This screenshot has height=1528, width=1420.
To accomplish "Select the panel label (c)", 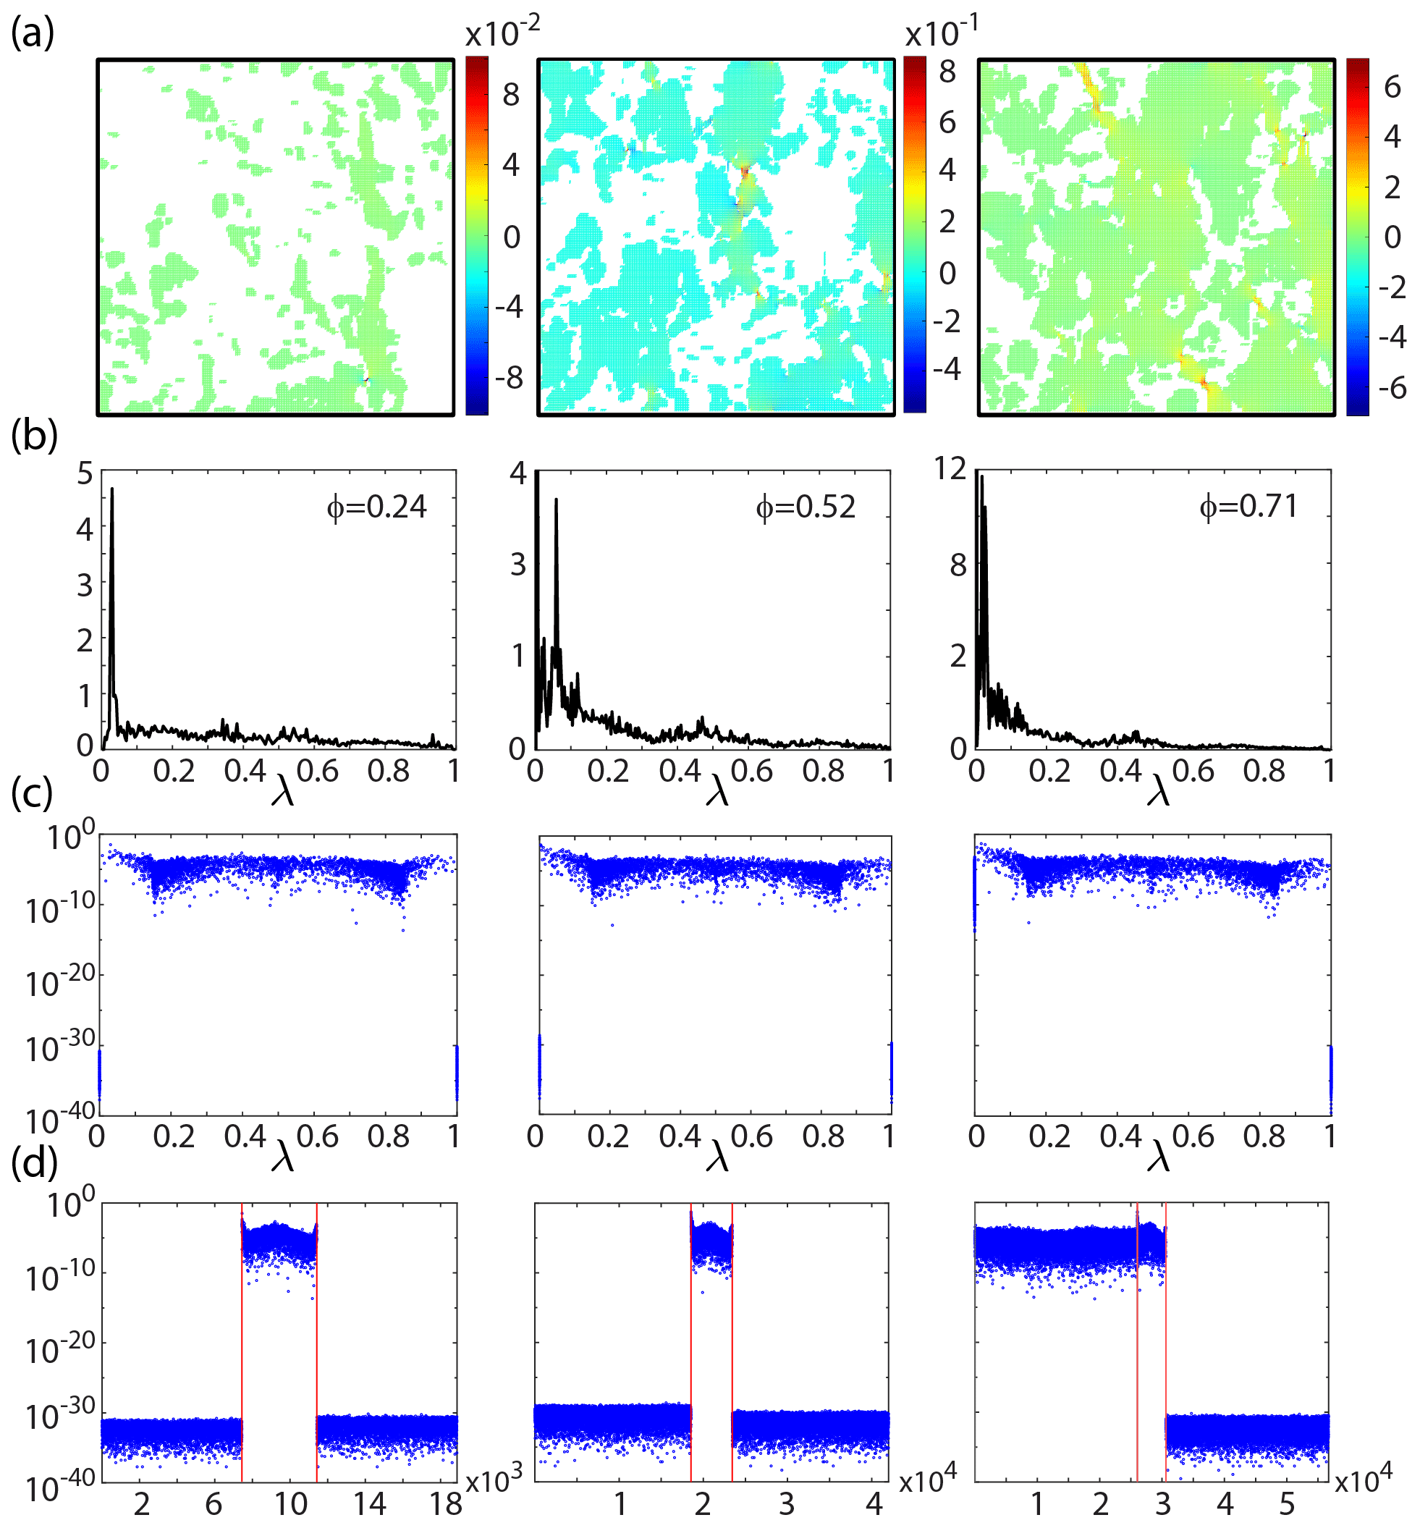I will coord(33,793).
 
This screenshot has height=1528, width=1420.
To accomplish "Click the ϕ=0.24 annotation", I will coord(376,507).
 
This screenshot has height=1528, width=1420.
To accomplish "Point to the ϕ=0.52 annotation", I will coord(806,507).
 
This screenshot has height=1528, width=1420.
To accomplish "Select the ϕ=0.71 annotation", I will coord(1248,506).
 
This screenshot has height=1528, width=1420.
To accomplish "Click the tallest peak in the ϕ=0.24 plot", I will coord(112,489).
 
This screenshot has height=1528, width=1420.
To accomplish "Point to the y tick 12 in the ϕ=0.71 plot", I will coord(950,468).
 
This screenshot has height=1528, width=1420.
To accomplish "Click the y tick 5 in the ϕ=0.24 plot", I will coord(85,473).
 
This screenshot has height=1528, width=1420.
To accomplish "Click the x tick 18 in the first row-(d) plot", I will coord(446,1503).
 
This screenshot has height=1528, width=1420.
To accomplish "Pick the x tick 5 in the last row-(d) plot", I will coord(1287,1503).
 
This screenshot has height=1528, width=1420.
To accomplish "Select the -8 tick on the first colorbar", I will coord(508,378).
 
